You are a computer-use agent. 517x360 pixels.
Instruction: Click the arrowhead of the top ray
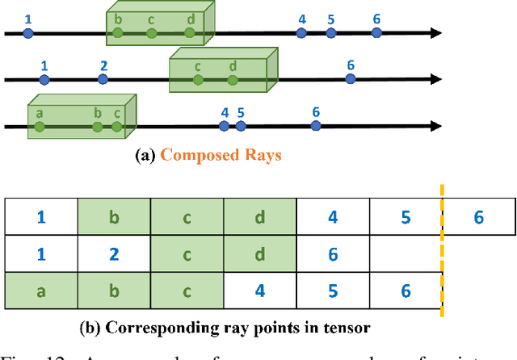click(x=436, y=33)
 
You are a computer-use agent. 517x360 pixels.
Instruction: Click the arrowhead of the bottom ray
click(x=436, y=126)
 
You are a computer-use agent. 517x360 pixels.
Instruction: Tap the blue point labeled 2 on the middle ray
click(x=103, y=79)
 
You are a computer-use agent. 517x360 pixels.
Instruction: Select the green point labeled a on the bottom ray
click(x=38, y=126)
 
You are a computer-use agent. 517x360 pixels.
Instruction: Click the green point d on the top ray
click(x=190, y=33)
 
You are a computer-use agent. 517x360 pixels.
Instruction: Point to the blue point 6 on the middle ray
click(x=350, y=79)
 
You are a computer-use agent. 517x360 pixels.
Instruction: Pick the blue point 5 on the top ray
click(x=331, y=33)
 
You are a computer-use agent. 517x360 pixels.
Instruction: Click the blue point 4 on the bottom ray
click(x=224, y=126)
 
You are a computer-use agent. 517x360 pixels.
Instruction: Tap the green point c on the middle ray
click(x=198, y=79)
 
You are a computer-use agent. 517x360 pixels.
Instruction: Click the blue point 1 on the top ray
click(x=28, y=33)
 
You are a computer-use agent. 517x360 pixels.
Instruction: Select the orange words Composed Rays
click(x=221, y=155)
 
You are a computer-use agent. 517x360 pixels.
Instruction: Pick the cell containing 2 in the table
click(x=114, y=254)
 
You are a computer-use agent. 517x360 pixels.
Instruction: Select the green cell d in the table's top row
click(x=260, y=216)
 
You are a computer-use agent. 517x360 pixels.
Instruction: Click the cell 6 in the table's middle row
click(x=333, y=254)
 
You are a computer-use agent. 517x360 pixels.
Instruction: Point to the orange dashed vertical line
click(x=442, y=254)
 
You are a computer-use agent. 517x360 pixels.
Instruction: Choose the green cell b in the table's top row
click(x=114, y=216)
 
